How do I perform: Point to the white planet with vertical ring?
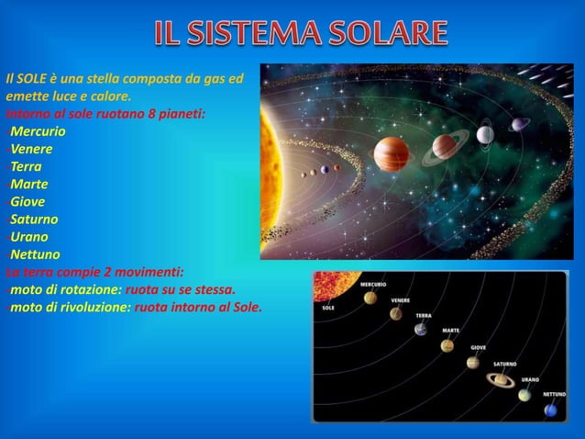[x=485, y=135]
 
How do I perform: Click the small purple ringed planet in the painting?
[x=520, y=124]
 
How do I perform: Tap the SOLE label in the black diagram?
[x=328, y=308]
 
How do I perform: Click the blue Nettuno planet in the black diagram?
[x=550, y=410]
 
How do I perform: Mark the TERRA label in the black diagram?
[x=423, y=315]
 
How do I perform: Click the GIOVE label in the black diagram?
[x=479, y=347]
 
